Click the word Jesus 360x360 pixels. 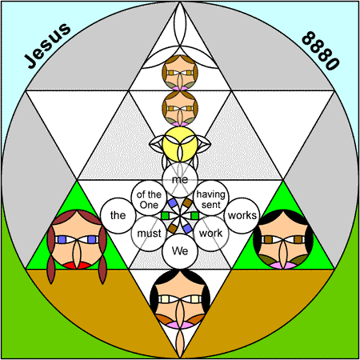tap(47, 46)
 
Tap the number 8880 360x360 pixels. tap(321, 50)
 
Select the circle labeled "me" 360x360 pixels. tap(180, 180)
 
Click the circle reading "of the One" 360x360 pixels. tap(149, 198)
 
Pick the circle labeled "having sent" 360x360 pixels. tap(211, 198)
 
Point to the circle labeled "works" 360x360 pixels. tap(242, 215)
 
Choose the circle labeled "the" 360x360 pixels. tap(118, 215)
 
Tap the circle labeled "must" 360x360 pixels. tap(149, 234)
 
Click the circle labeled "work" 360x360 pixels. tap(211, 234)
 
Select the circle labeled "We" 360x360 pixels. tap(180, 251)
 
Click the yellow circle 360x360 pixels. tap(180, 144)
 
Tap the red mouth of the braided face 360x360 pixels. tap(77, 265)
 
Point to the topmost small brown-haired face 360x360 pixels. tap(180, 73)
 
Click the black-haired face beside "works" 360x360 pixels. tap(283, 239)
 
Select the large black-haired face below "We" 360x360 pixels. tap(180, 298)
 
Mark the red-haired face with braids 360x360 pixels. tap(77, 242)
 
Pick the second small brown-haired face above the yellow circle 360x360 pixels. tap(180, 109)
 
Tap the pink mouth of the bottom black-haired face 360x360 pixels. tap(180, 325)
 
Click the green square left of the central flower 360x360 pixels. tap(166, 215)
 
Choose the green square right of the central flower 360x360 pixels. tap(195, 215)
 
